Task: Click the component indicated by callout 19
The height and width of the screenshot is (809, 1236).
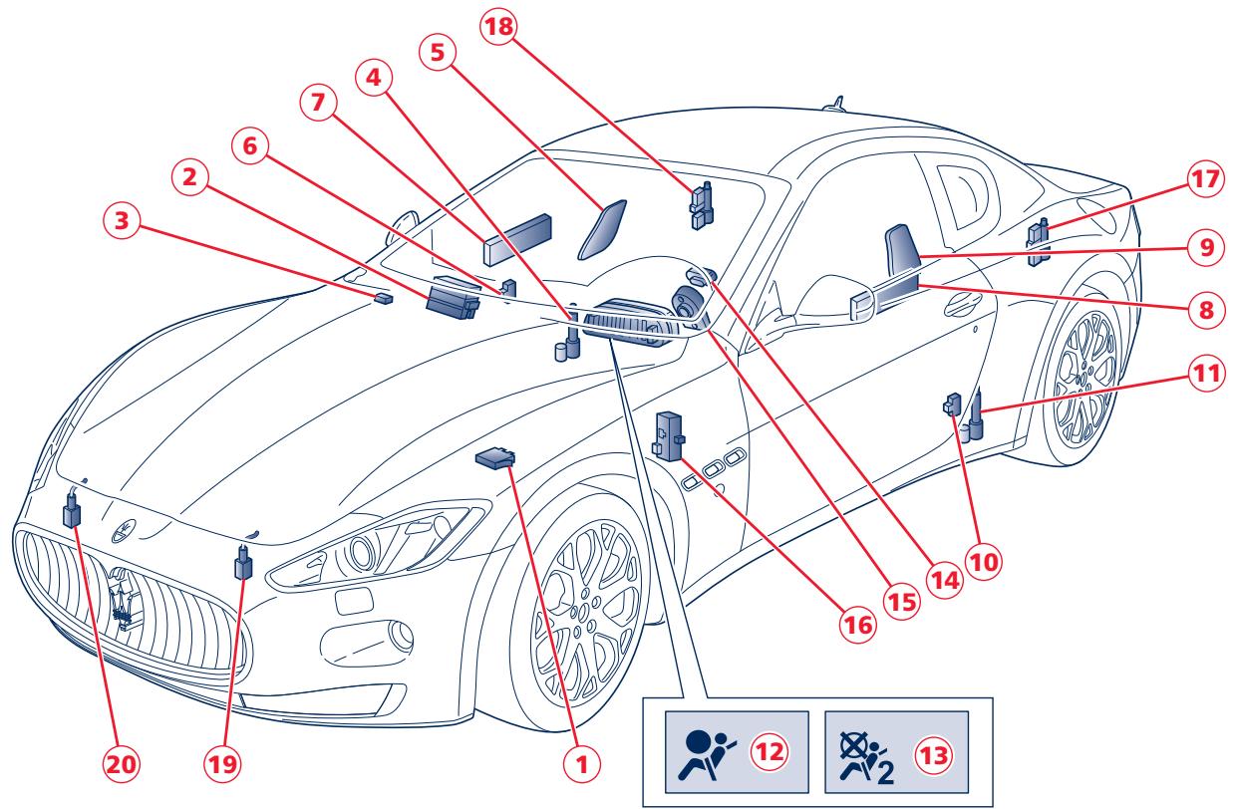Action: point(242,565)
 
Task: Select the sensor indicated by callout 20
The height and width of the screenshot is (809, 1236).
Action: point(72,511)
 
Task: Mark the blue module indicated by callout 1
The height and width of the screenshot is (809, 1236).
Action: point(496,457)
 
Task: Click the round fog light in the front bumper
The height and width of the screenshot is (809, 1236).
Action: point(401,634)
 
